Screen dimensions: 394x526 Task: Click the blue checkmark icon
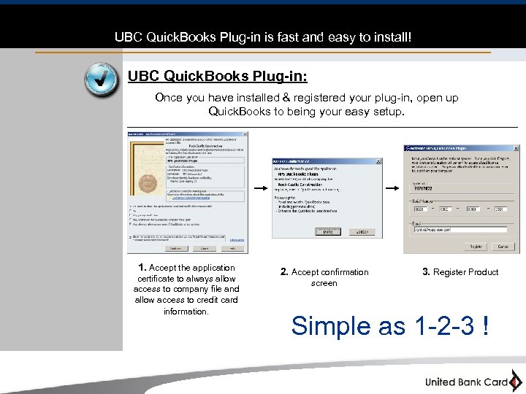(101, 80)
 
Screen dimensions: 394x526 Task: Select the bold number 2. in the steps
(284, 272)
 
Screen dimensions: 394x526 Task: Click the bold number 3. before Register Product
(426, 272)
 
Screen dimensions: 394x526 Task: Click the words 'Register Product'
(466, 272)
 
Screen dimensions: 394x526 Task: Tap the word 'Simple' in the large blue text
(331, 325)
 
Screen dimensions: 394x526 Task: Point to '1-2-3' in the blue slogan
(438, 325)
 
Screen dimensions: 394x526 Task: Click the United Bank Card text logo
(466, 382)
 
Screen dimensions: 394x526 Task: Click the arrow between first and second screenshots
(259, 188)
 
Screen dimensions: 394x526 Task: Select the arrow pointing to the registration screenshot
(392, 188)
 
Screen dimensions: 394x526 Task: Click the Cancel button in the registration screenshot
(503, 247)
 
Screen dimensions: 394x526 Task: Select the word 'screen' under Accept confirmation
(324, 283)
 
